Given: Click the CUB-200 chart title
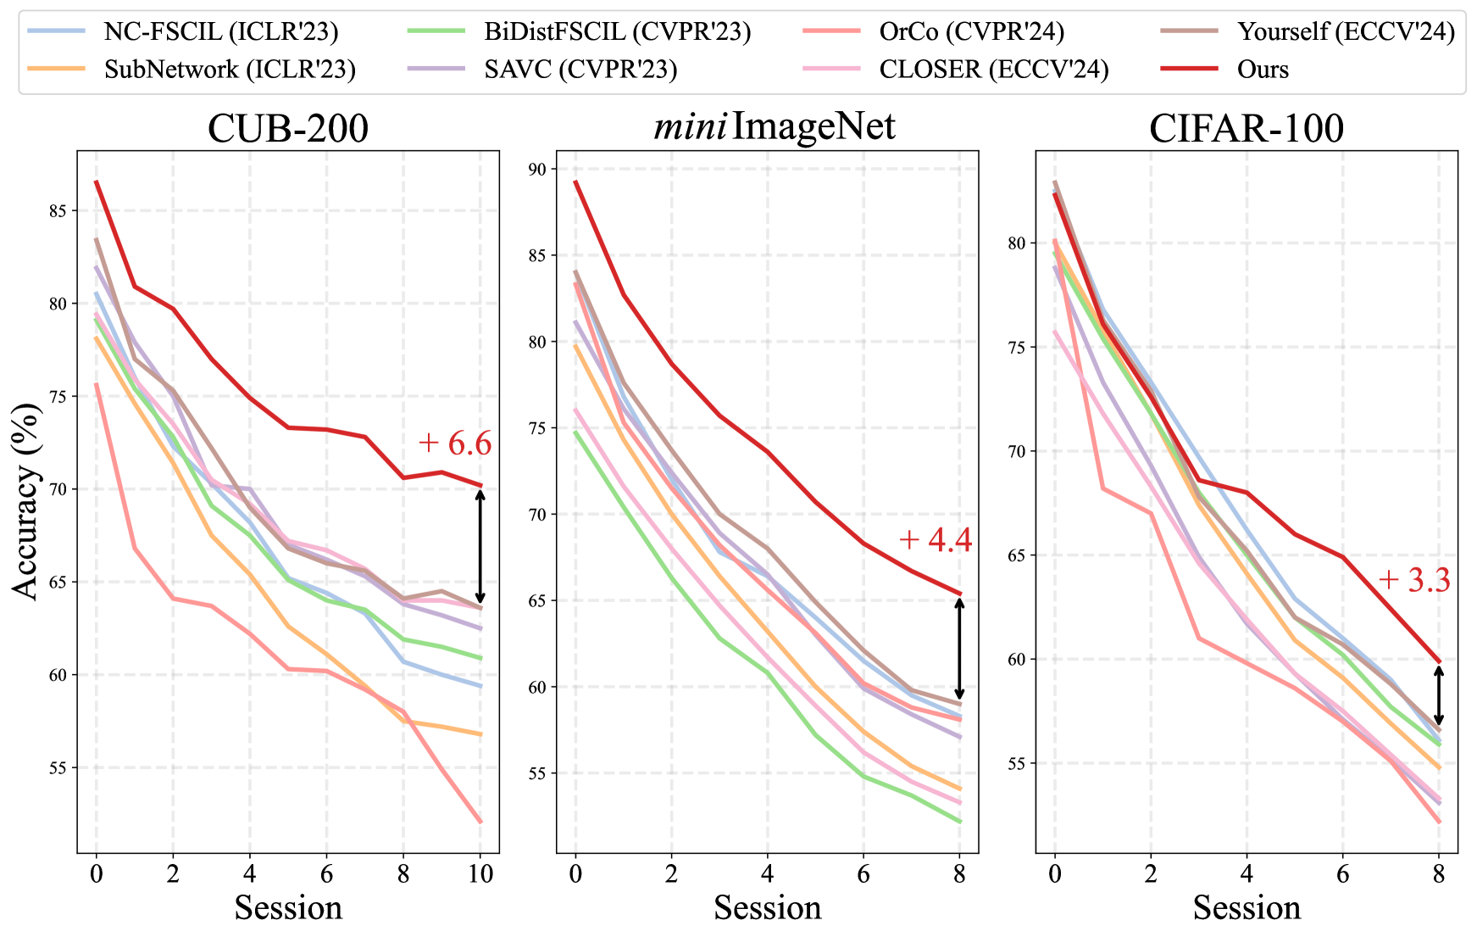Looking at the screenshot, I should coord(288,129).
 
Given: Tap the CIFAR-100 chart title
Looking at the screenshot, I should coord(1246,129).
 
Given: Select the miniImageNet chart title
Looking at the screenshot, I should coord(774,127).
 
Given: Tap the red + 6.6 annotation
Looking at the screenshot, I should coord(455,443).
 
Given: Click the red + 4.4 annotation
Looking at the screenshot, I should coord(935,540).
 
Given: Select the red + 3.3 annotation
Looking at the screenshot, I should coord(1413,581).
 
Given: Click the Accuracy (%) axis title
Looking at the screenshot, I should coord(27,502).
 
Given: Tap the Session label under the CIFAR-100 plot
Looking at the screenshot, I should coord(1246,908).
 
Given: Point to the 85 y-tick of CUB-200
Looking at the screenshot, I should coord(57,210).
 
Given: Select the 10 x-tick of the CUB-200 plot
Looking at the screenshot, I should coord(480,873).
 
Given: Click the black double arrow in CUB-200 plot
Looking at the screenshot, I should coord(480,547).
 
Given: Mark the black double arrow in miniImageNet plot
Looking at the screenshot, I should coord(959,648).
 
